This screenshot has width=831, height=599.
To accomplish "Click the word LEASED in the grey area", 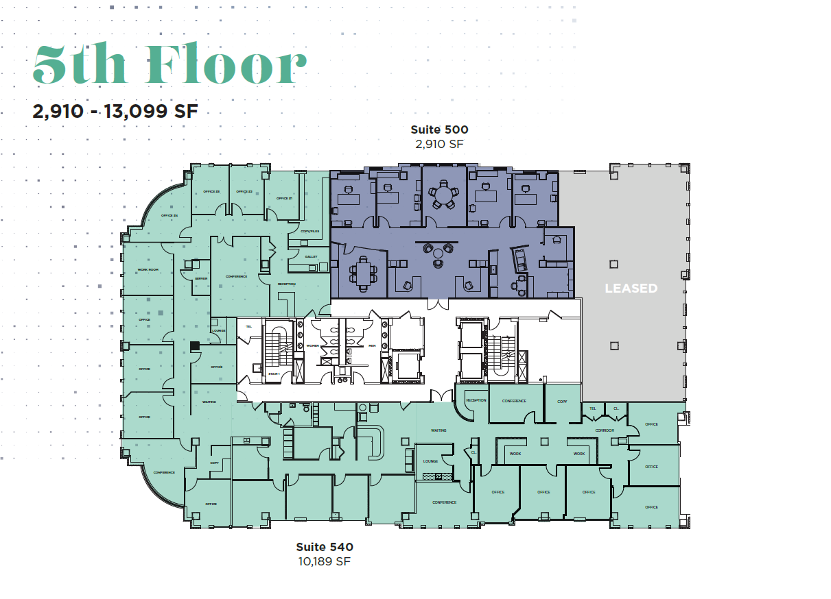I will point(631,289).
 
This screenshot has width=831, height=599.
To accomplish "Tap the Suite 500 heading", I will point(439,129).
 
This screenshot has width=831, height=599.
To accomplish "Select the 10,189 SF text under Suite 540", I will point(325,561).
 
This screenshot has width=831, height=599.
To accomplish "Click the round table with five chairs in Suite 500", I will point(445,196).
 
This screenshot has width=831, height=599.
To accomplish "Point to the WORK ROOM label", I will point(148,269).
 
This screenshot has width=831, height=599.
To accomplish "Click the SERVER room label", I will point(201,278).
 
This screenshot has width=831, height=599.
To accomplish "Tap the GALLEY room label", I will point(311,257).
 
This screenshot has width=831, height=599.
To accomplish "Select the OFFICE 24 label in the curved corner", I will point(169,216).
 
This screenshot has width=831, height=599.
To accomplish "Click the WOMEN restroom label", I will point(314,345).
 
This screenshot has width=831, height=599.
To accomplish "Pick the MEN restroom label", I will point(372,345).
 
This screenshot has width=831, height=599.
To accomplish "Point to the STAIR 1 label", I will point(274,374).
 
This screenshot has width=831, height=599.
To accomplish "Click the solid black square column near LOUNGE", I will point(195,347).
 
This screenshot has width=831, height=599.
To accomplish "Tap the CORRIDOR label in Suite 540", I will point(605,430).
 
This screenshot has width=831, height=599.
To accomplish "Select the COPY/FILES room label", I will point(309,231).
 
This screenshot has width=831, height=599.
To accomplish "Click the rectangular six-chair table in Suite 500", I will point(362,275).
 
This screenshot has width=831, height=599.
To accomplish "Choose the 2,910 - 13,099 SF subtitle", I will point(115,111).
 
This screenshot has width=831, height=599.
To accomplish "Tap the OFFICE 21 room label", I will point(284,198).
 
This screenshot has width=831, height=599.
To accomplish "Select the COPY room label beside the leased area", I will point(562,401).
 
